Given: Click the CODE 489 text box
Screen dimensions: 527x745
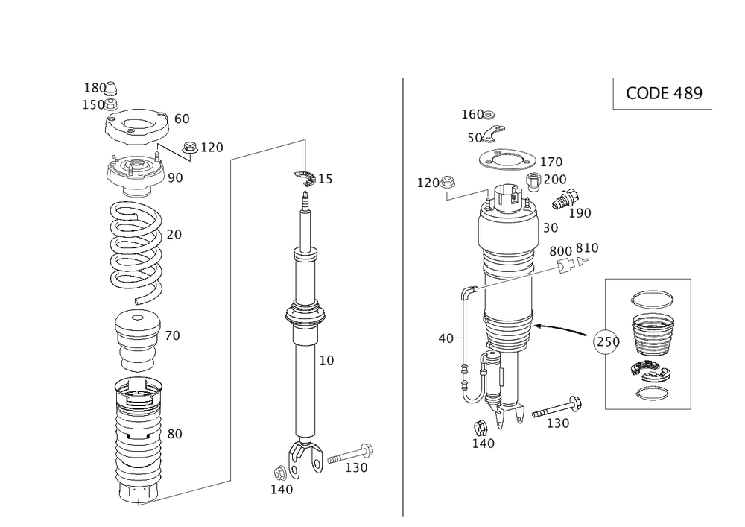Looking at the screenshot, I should tap(664, 93).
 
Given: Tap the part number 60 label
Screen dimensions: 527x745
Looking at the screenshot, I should tap(182, 119).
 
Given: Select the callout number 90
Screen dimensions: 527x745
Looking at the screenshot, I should tap(176, 177).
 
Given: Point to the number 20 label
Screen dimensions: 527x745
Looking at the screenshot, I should tap(174, 235).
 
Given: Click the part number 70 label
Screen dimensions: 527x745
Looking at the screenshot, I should tap(172, 336).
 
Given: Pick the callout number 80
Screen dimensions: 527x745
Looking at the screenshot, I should tap(174, 434).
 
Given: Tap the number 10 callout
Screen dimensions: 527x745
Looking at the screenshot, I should tap(326, 360).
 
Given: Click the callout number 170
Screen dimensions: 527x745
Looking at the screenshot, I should tap(551, 162).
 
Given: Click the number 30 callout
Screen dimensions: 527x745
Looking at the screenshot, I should tap(551, 227).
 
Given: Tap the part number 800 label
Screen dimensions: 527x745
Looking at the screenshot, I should tap(561, 250).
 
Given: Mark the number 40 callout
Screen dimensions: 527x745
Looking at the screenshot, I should tap(446, 338).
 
